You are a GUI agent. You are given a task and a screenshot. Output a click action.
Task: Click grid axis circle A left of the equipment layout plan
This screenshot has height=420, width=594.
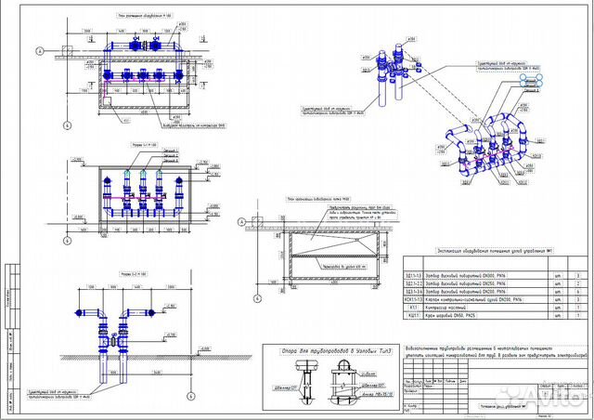click(x=40, y=51)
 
